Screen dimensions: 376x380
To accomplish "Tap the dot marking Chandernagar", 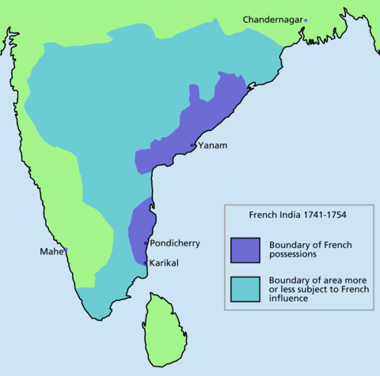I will (x=306, y=19).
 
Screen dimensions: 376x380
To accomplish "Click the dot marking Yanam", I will (x=194, y=146).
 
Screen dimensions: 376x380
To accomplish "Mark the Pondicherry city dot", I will (x=146, y=244).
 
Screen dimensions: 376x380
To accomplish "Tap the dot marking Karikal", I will (x=145, y=261).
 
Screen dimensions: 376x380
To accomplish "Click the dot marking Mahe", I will (x=66, y=250).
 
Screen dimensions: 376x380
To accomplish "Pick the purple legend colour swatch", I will (x=246, y=250).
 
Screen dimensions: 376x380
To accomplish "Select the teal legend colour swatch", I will (x=246, y=290).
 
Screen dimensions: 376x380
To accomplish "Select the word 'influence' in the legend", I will (x=289, y=300).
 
